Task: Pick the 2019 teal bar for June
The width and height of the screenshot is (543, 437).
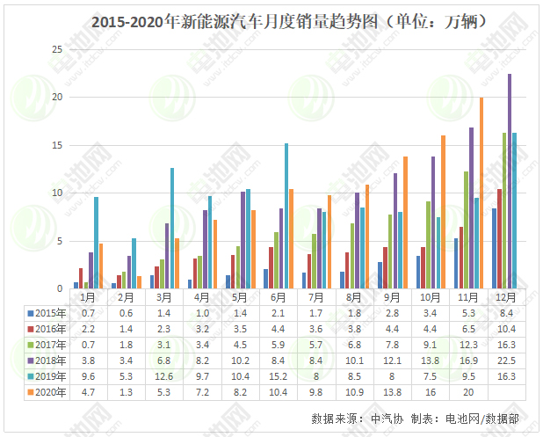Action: (x=286, y=215)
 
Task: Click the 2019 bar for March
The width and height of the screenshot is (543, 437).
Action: (x=172, y=228)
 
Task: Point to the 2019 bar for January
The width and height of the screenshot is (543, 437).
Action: (x=96, y=243)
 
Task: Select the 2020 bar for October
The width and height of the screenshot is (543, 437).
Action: (x=443, y=212)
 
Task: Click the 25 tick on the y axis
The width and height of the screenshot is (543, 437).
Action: (x=57, y=48)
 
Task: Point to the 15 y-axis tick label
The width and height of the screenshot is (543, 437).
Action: (x=57, y=145)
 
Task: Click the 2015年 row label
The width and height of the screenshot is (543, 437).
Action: (x=48, y=312)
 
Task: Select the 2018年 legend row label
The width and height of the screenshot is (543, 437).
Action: (x=48, y=360)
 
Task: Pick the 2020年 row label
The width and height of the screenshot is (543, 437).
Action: (x=48, y=391)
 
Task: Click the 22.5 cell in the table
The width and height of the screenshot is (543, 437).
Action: (x=507, y=360)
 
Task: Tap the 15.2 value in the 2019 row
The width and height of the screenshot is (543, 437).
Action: (x=278, y=375)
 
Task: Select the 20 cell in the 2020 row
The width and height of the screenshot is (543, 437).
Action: (x=468, y=391)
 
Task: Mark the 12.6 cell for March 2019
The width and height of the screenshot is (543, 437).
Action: (x=163, y=375)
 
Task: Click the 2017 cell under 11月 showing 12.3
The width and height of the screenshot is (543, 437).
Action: (x=468, y=344)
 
